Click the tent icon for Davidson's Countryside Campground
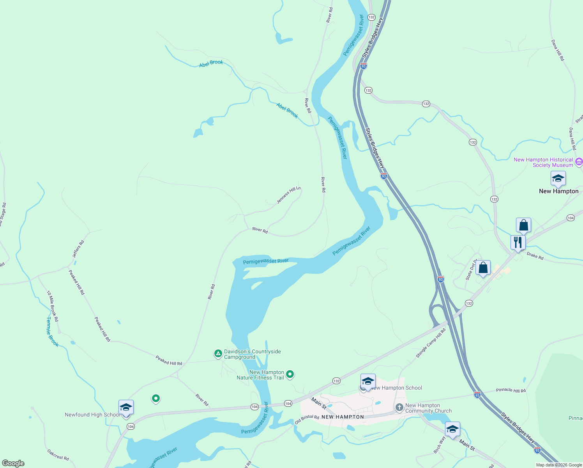click(218, 354)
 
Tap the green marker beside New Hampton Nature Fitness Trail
click(290, 374)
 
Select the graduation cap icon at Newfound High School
click(126, 408)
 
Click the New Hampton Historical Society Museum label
click(543, 162)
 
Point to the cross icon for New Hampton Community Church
click(399, 408)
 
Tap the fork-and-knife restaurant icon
click(518, 242)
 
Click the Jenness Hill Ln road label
click(289, 195)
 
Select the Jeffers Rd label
click(78, 249)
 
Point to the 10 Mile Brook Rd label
click(53, 306)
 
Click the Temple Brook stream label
click(52, 331)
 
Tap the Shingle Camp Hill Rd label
click(431, 343)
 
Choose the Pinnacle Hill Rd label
click(511, 390)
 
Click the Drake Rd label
click(535, 256)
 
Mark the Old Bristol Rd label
click(307, 420)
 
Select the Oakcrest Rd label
click(58, 455)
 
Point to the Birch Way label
click(440, 445)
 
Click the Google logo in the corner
click(13, 463)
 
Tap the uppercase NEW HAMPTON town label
click(343, 417)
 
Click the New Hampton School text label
click(397, 388)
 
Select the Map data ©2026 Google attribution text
click(558, 465)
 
